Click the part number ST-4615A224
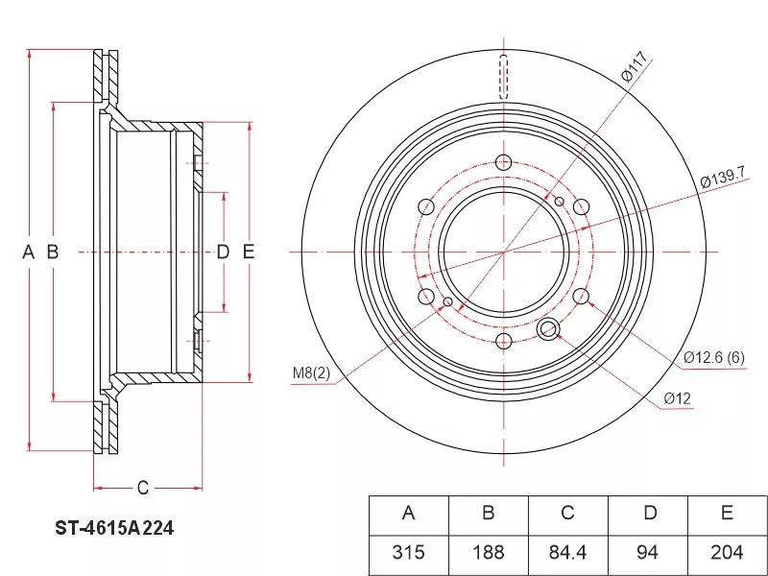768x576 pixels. (x=114, y=529)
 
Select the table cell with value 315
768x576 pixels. (x=409, y=554)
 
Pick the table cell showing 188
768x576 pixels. (x=489, y=554)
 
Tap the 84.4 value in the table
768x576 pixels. (x=567, y=554)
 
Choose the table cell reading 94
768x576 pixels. (x=647, y=554)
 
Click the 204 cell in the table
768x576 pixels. (x=727, y=554)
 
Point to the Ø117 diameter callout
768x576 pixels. (x=636, y=67)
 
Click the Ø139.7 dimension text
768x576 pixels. (x=723, y=178)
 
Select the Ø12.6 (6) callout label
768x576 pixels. (x=714, y=357)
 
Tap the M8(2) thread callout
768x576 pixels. (x=311, y=373)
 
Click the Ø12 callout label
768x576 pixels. (x=678, y=398)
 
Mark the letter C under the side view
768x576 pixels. (x=142, y=488)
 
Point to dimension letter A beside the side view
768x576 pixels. (x=29, y=252)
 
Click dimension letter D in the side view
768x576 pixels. (x=223, y=252)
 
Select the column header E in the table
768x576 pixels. (x=727, y=513)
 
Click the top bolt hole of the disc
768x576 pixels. (x=503, y=162)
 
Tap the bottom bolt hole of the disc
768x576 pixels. (x=503, y=341)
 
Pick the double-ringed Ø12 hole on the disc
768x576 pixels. (x=548, y=328)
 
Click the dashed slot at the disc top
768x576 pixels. (x=503, y=77)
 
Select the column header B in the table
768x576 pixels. (x=489, y=513)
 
